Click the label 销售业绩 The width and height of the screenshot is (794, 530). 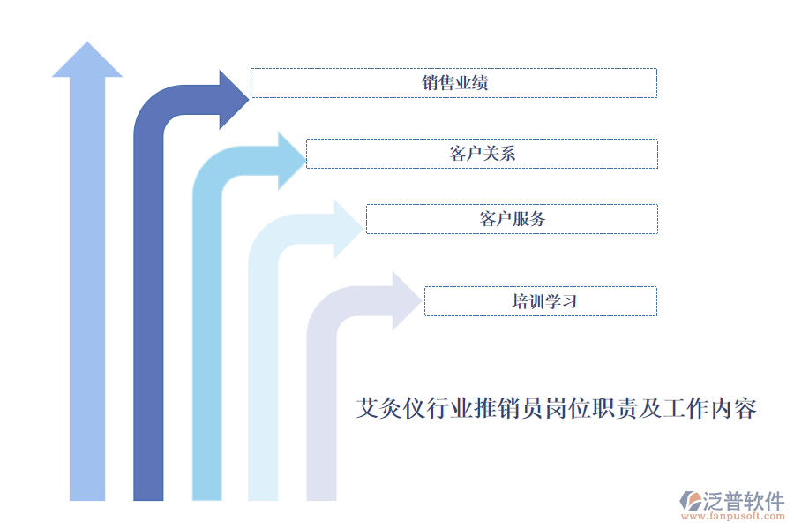(454, 83)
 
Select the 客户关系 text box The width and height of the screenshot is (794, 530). (482, 154)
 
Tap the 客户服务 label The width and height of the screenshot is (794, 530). (512, 219)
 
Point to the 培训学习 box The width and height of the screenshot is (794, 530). (541, 301)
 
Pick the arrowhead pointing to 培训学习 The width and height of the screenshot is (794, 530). (406, 300)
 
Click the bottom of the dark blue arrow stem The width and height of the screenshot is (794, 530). (148, 495)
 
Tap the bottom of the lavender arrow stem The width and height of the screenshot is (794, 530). (321, 495)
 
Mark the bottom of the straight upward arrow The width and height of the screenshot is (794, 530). (87, 495)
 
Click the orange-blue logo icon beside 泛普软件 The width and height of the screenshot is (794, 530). (689, 501)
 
